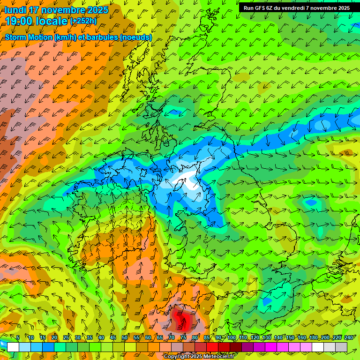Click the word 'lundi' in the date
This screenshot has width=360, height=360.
(15, 10)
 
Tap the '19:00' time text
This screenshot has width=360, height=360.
(20, 21)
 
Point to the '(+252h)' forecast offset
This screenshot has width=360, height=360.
(83, 21)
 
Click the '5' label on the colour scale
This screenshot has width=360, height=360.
(18, 337)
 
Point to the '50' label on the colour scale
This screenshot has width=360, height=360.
(125, 337)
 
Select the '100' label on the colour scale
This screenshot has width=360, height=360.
(231, 337)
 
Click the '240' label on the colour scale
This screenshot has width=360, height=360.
(348, 337)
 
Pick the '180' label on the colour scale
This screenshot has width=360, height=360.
(313, 337)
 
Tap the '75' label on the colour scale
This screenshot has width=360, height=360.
(183, 337)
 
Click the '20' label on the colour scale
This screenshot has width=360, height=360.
(54, 337)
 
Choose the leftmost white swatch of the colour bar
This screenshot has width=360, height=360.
(13, 347)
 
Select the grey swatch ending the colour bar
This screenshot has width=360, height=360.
(341, 347)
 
